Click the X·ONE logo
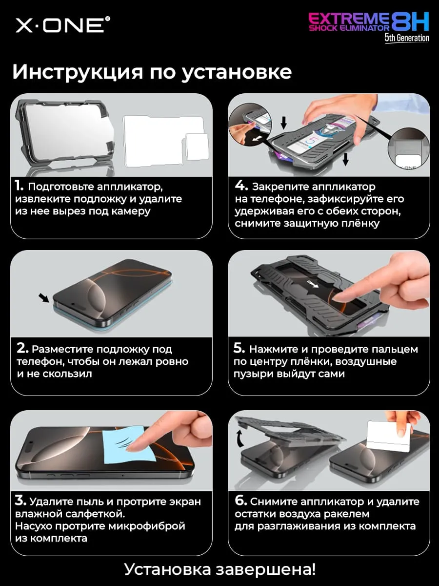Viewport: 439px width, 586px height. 63,25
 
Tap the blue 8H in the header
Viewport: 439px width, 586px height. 410,22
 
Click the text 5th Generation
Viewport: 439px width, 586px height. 407,38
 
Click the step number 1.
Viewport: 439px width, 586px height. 19,186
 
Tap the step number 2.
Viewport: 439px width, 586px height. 22,348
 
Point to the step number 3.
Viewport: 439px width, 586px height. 21,501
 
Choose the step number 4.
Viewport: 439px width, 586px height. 241,186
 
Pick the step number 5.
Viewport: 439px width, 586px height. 239,348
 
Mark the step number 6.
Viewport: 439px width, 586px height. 241,501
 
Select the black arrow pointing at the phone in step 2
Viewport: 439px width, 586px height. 44,298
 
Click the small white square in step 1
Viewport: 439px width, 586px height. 197,146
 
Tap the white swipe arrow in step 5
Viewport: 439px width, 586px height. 313,284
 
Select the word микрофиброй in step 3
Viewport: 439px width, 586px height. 147,526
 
